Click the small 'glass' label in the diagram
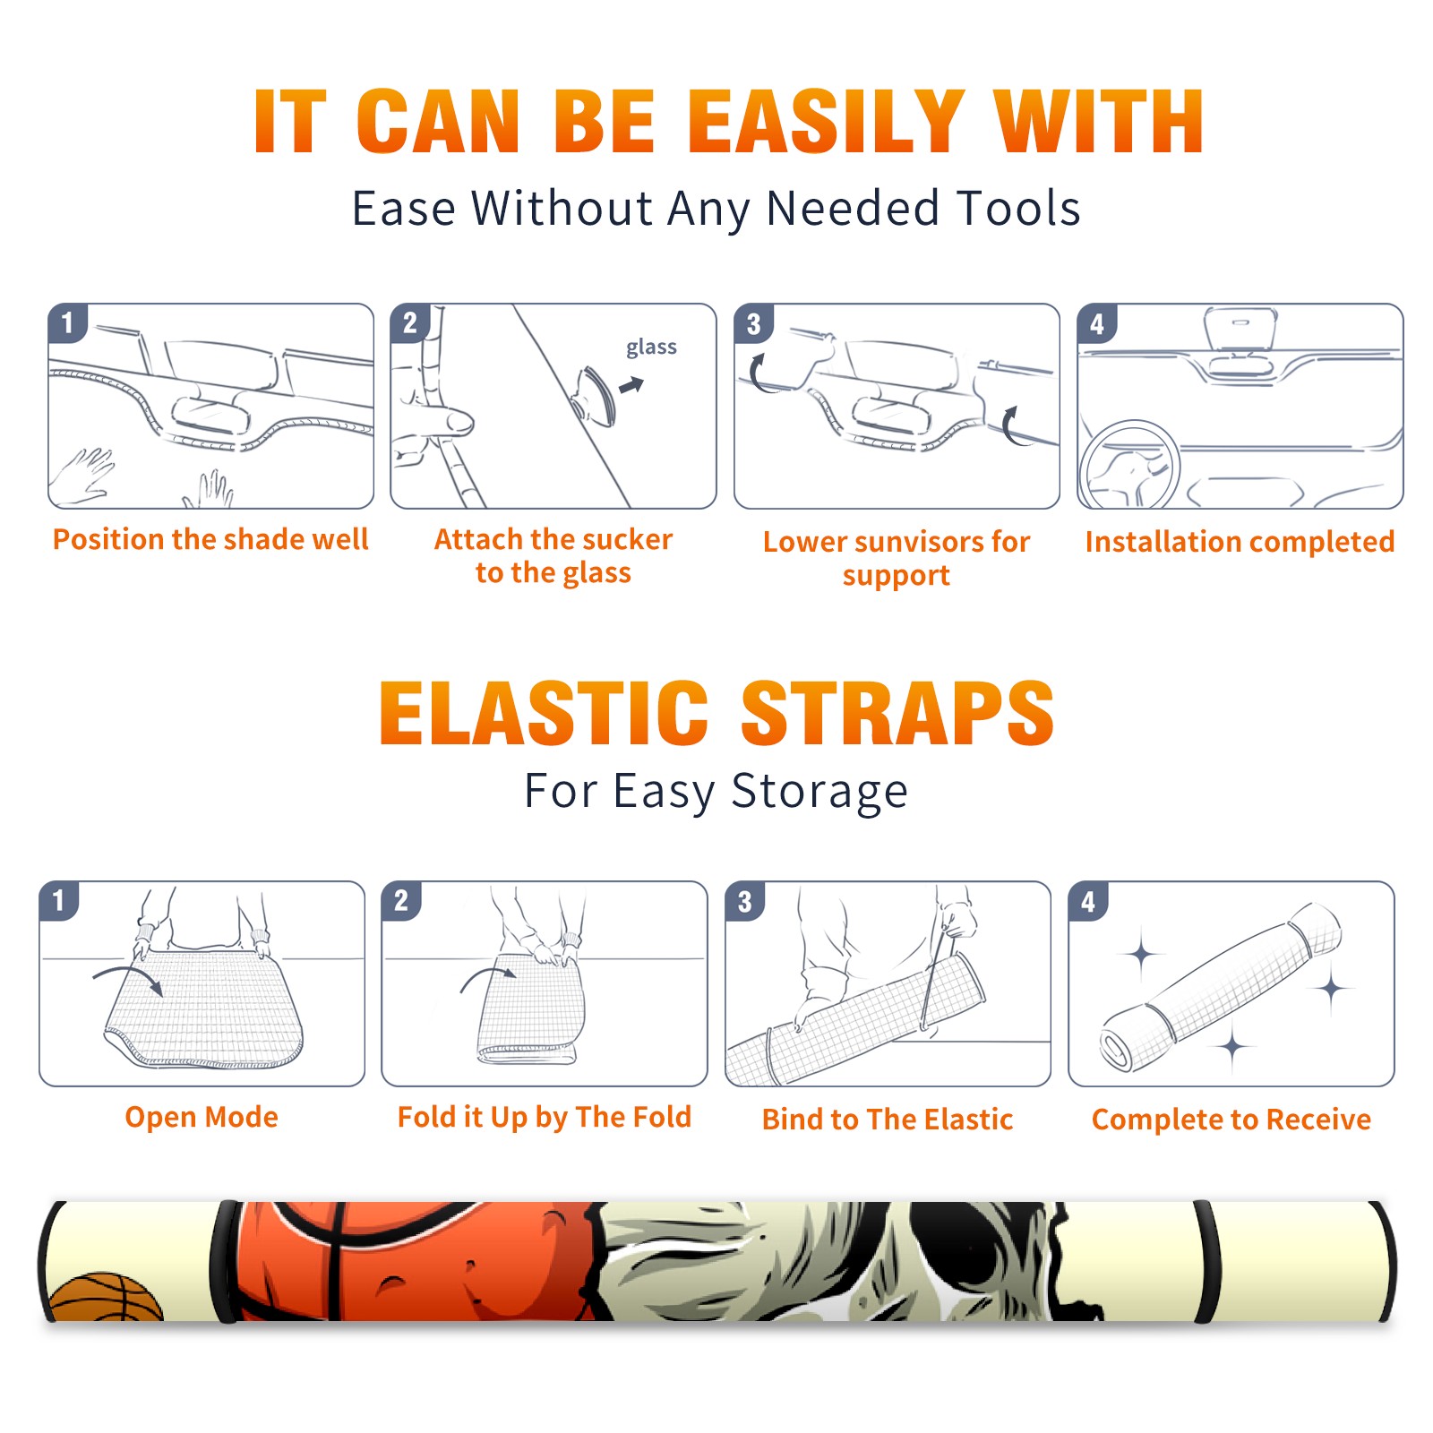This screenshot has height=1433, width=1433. point(651,348)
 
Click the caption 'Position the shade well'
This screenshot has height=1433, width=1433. point(210,539)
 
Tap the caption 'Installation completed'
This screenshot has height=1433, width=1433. point(1240,542)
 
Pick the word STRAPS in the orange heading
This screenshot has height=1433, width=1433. point(897,713)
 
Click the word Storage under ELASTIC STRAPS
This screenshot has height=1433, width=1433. point(819,793)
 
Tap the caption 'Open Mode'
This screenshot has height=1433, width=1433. point(202,1117)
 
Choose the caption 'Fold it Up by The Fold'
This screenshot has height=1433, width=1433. point(545,1117)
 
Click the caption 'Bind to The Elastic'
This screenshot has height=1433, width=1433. point(888,1120)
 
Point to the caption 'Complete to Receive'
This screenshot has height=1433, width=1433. point(1231,1120)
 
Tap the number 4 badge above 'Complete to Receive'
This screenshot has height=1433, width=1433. point(1088,901)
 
